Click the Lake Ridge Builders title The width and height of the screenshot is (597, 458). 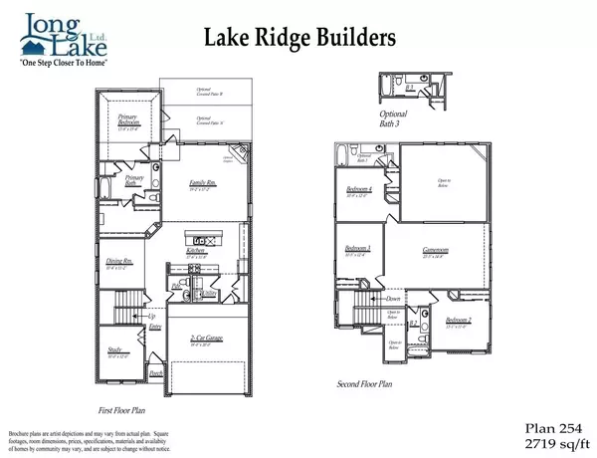click(299, 37)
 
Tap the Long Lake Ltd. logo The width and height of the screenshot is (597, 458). click(61, 30)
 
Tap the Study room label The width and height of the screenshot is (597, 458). click(119, 350)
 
